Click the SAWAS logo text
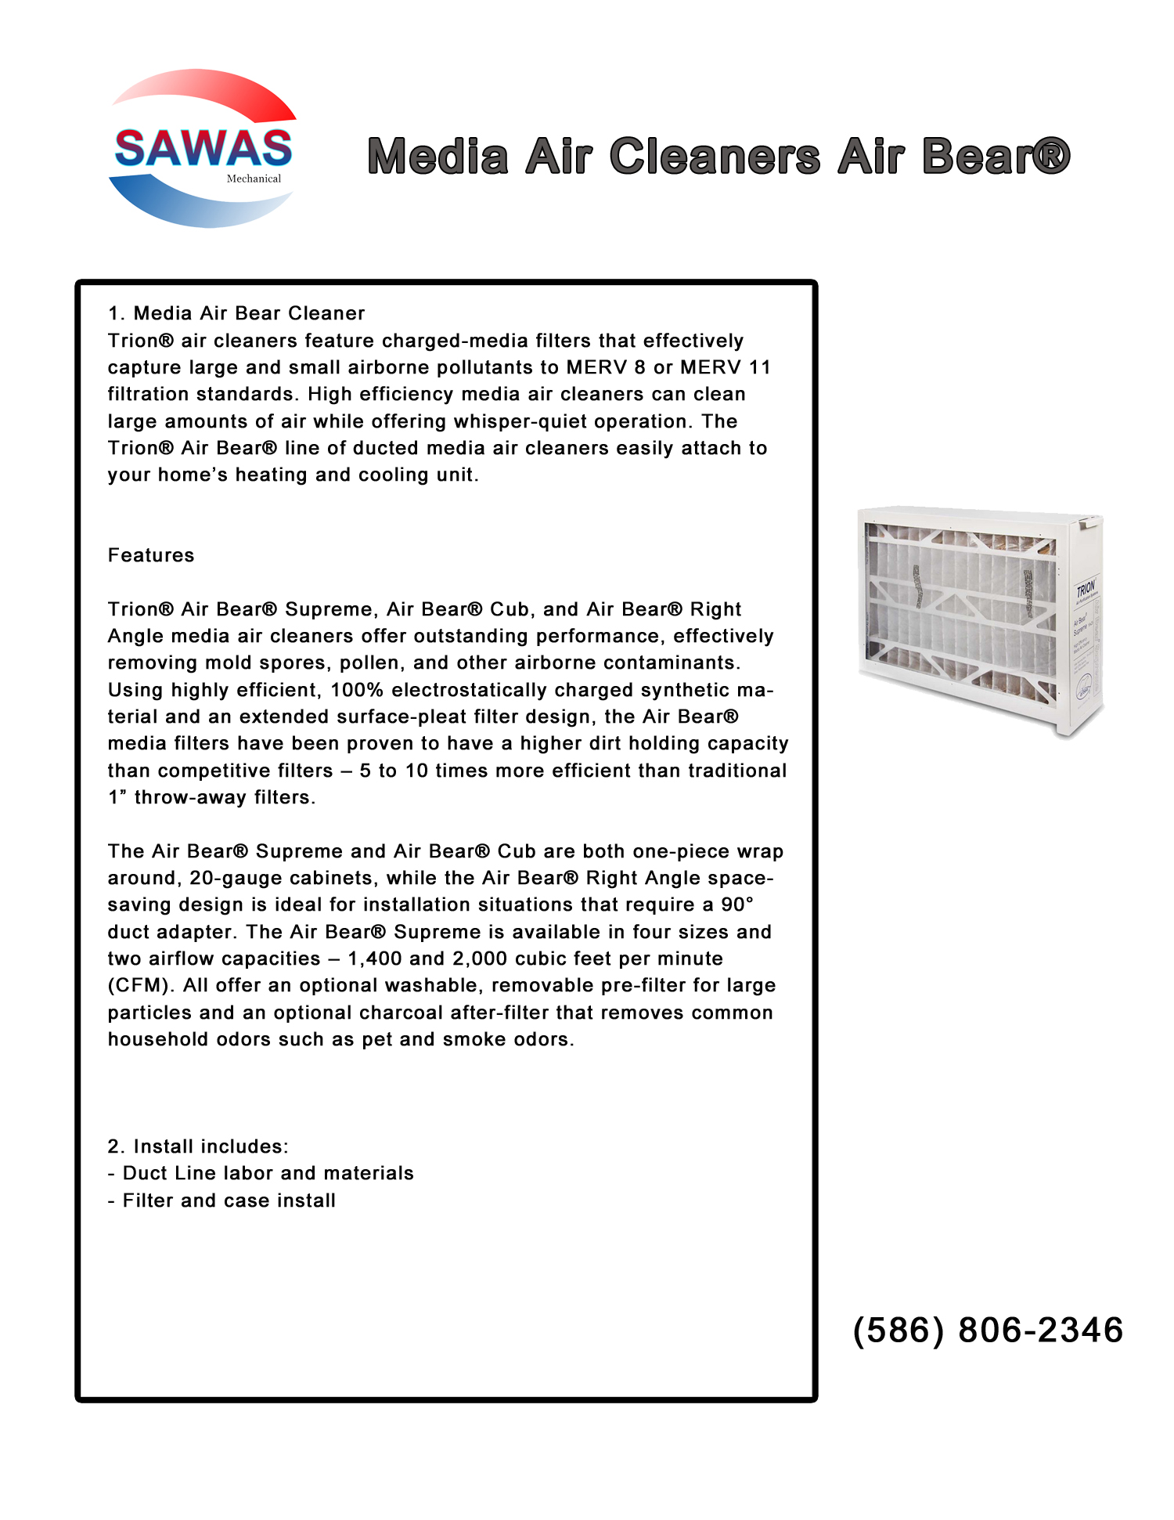pos(203,149)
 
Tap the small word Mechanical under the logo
pos(254,179)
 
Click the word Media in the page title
pos(438,156)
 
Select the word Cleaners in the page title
pos(715,156)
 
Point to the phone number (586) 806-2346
pos(988,1330)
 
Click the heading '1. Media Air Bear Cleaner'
pos(236,313)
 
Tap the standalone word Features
pos(151,555)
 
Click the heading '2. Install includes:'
pos(198,1146)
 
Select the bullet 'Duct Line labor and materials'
pos(268,1173)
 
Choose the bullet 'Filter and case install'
pos(229,1200)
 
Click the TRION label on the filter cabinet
pos(1086,588)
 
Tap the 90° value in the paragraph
pos(737,904)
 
